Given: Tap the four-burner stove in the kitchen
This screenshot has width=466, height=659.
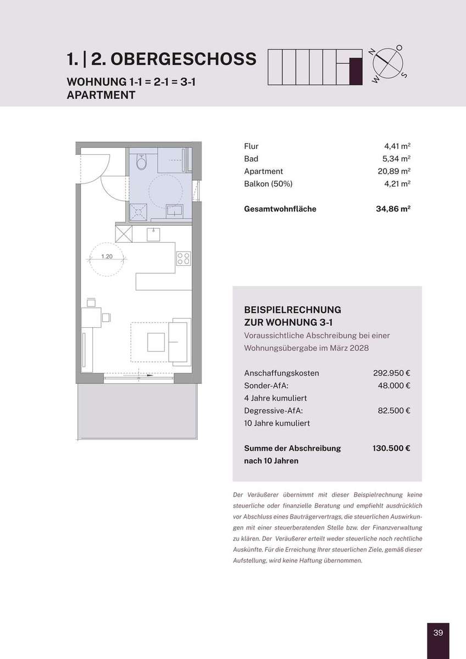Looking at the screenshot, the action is pyautogui.click(x=184, y=259).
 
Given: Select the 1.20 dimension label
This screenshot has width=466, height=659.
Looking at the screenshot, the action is pyautogui.click(x=107, y=256).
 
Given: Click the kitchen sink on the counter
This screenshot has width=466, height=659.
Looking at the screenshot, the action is pyautogui.click(x=153, y=234).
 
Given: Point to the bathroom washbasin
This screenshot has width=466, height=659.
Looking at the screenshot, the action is pyautogui.click(x=175, y=211).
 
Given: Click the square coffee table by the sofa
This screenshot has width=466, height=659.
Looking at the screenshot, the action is pyautogui.click(x=156, y=342).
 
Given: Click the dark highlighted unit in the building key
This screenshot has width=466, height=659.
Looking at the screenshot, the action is pyautogui.click(x=356, y=71).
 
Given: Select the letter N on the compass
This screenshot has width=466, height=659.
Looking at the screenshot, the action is pyautogui.click(x=372, y=52).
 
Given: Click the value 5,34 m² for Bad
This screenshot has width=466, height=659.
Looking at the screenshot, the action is pyautogui.click(x=396, y=159).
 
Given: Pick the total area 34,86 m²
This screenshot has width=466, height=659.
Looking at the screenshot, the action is pyautogui.click(x=393, y=209).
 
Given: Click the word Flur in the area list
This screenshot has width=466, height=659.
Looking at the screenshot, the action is pyautogui.click(x=251, y=146).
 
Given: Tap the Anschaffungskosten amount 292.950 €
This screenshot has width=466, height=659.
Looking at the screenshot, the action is pyautogui.click(x=391, y=373).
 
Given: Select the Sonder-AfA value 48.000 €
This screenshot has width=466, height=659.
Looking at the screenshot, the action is pyautogui.click(x=394, y=386).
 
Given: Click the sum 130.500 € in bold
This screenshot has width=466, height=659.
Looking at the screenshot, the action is pyautogui.click(x=391, y=448).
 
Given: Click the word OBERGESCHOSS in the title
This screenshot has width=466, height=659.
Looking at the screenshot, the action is pyautogui.click(x=184, y=59).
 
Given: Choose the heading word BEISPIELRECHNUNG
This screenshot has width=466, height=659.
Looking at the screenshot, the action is pyautogui.click(x=292, y=310).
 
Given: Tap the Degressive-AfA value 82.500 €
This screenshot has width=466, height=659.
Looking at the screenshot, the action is pyautogui.click(x=394, y=410).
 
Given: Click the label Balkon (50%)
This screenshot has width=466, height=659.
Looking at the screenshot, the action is pyautogui.click(x=268, y=184).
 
